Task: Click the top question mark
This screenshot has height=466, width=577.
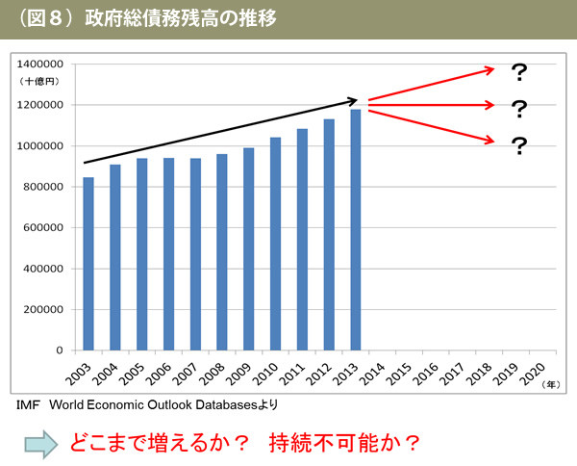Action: [x=519, y=72]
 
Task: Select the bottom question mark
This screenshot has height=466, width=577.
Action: [x=519, y=146]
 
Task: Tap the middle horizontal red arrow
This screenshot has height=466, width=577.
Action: [x=431, y=104]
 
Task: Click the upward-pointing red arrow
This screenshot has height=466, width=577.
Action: [x=431, y=84]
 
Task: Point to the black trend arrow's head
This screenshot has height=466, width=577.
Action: [x=353, y=100]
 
